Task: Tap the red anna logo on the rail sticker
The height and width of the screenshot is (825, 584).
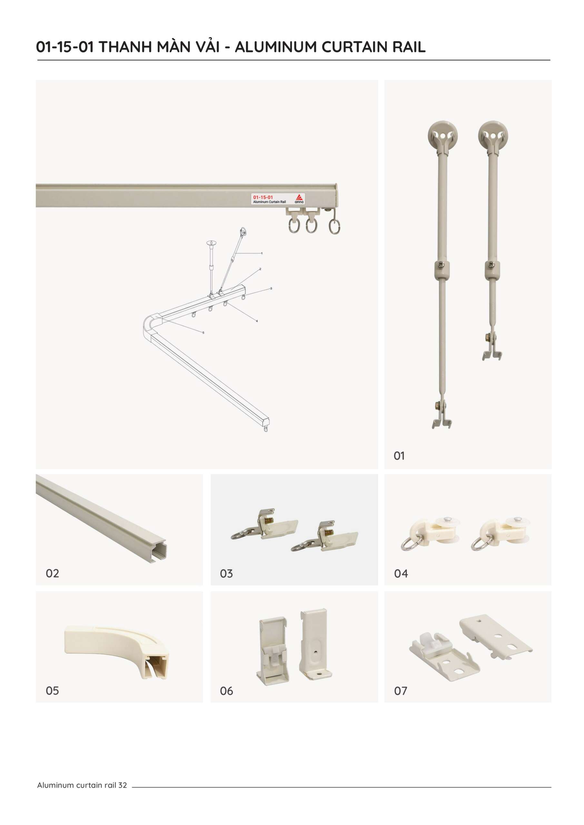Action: (x=299, y=198)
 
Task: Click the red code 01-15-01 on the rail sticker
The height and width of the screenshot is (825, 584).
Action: (x=263, y=197)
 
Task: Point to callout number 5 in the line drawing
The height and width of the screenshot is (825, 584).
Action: (x=203, y=333)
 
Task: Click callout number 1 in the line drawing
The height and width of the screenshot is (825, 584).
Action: (x=262, y=253)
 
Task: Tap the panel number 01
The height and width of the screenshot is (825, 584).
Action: (x=399, y=456)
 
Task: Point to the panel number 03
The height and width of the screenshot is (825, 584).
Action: (x=226, y=574)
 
